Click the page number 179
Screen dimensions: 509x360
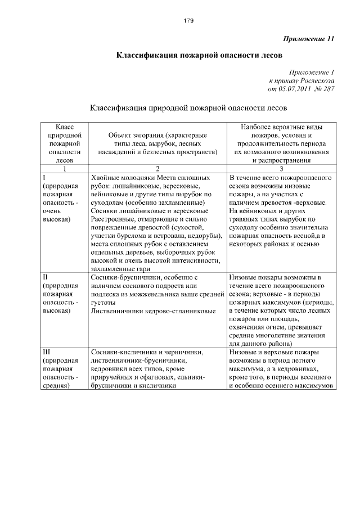point(188,21)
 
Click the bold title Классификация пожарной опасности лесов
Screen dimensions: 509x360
point(195,56)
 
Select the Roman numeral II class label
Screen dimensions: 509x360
point(46,277)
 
